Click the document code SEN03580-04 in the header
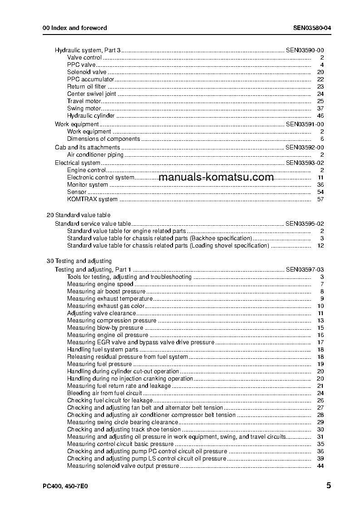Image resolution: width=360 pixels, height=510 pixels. pos(312,28)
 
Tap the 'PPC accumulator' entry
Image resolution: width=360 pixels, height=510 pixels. pos(90,79)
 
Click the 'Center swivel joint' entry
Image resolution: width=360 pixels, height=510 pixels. pos(91,94)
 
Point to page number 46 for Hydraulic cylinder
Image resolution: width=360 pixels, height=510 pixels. pos(320,116)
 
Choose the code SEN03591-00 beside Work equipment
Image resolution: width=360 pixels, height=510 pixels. pos(304,124)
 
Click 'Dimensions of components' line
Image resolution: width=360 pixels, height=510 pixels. pos(104,139)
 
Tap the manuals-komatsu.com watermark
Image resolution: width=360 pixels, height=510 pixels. pos(217,177)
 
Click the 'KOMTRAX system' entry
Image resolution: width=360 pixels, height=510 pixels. pos(92,199)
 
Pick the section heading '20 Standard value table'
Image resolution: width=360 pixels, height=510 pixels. pos(79,215)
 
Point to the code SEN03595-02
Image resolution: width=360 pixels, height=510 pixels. pos(304,223)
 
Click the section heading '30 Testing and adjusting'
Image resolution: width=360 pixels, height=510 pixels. pos(79,261)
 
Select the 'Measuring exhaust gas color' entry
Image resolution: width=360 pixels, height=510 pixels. pos(106,306)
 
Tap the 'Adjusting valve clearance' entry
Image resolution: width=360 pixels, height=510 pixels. pos(101,313)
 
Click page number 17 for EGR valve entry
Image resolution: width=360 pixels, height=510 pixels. pos(320,342)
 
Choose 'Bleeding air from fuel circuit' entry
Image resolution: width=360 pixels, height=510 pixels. pos(104,393)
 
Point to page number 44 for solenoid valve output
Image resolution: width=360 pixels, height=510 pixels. pos(320,466)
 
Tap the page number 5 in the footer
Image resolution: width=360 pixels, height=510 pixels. pos(328,485)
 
